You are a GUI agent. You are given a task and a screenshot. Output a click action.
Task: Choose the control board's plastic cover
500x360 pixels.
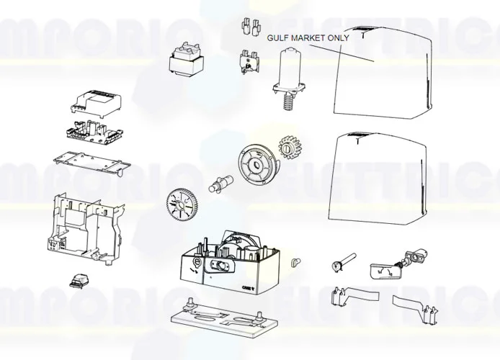point(97,105)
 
